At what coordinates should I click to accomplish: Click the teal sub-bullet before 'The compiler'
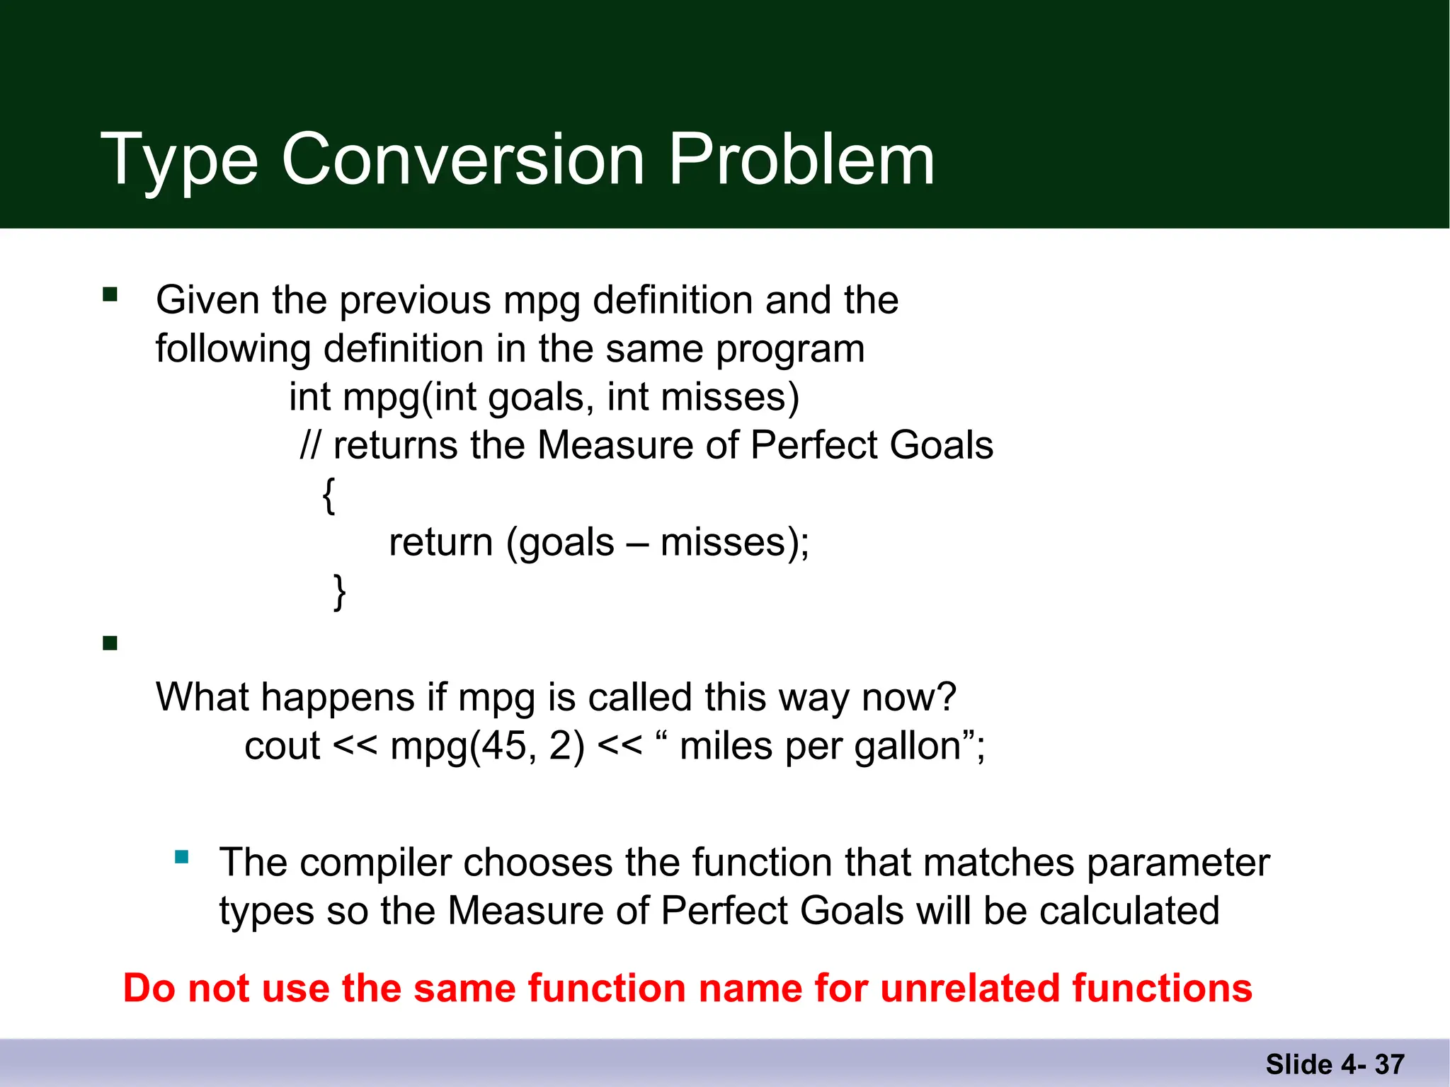click(182, 858)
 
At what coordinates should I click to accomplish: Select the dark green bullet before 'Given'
click(110, 294)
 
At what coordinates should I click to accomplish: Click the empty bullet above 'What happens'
click(110, 643)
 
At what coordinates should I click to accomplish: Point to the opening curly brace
click(329, 495)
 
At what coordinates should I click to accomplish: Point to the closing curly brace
click(340, 592)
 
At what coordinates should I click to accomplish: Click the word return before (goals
click(440, 543)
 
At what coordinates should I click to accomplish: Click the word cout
click(282, 746)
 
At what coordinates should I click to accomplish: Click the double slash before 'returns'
click(310, 445)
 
